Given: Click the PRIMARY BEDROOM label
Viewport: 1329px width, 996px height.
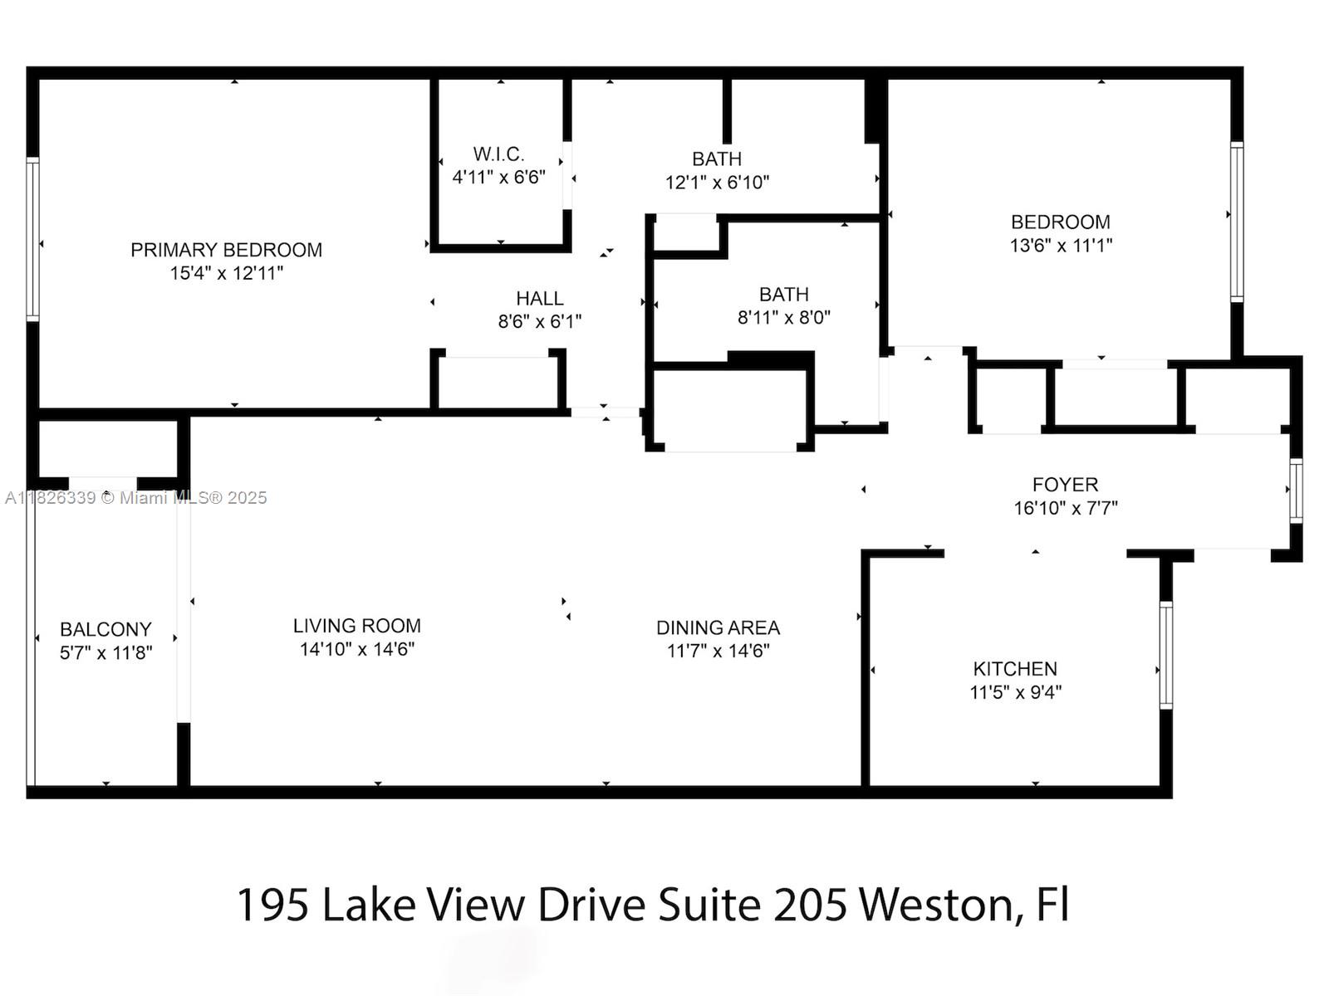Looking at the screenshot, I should click(226, 250).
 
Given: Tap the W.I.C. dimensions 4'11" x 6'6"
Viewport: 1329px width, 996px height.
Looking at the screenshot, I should click(498, 177).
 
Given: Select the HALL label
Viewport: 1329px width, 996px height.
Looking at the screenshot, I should click(539, 298).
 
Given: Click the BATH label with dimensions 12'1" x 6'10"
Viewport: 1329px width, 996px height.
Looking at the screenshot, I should click(717, 159).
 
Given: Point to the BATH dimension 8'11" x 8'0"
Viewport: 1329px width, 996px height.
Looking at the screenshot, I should click(783, 317).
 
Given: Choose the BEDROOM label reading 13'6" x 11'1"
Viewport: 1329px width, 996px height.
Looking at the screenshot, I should click(1060, 222).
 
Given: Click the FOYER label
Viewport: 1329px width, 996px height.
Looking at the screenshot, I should click(1065, 485).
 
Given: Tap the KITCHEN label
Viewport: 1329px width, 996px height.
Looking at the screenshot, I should click(1015, 669).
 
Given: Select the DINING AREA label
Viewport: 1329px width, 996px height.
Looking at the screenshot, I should click(718, 627).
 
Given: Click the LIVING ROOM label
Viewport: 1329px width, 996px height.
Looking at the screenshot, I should click(356, 626).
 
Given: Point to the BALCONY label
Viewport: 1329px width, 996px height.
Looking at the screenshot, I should click(105, 629).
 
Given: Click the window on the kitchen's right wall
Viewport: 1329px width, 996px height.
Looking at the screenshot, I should click(1165, 655).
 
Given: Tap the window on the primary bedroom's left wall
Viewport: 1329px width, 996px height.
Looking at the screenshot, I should click(32, 239).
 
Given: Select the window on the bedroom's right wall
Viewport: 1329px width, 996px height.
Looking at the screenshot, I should click(1236, 221).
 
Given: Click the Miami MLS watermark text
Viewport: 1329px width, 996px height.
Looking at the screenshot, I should click(135, 498).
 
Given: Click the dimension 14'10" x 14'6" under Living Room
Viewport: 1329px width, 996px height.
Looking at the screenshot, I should click(356, 649).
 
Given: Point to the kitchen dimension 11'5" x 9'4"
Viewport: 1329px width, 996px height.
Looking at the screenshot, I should click(1015, 692).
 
